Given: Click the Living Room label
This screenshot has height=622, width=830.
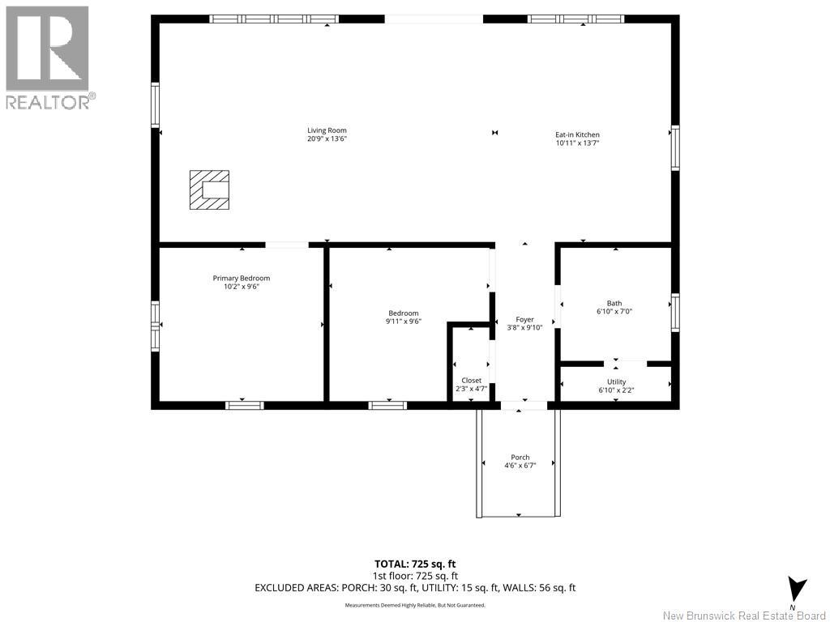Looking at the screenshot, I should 327,130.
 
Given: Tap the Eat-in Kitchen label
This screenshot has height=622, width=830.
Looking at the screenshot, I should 577,134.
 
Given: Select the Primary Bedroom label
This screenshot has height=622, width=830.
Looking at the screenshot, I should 242,278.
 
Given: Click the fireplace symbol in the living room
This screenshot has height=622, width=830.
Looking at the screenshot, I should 209,190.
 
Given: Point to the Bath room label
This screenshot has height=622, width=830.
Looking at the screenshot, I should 614,304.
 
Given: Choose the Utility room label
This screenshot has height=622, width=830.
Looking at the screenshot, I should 616,381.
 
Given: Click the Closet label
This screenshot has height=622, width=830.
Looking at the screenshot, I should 471,380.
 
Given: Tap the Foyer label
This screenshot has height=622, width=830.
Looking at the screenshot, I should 524,320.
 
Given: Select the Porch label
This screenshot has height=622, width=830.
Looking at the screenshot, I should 520,458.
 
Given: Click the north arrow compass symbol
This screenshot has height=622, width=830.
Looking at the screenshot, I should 797,590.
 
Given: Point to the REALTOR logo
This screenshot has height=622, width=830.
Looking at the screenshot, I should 48,57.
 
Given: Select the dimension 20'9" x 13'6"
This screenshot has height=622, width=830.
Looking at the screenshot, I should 327,139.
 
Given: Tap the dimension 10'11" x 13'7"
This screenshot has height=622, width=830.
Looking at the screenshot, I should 577,143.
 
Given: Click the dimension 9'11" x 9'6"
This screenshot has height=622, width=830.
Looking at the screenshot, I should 403,322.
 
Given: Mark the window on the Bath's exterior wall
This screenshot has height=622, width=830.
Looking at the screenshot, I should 674,313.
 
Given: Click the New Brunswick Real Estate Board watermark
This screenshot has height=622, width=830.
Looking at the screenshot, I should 745,615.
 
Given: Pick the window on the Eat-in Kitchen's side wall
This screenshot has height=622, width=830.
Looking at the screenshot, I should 674,148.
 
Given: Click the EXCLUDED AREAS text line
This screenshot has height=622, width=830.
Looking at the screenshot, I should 414,588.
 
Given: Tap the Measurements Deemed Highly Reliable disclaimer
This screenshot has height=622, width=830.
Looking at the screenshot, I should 414,605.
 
